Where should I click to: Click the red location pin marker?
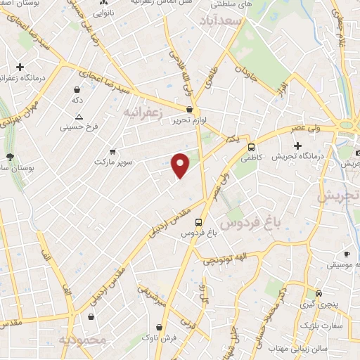(x=181, y=165)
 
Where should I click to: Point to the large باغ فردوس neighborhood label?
(x=250, y=224)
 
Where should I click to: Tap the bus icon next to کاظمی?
(x=252, y=146)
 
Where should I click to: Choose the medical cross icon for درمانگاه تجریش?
(x=297, y=145)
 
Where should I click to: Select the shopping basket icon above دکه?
(x=77, y=90)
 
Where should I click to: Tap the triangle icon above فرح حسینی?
(x=79, y=117)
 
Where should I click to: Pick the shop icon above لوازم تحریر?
(x=190, y=109)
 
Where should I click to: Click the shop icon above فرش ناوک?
(x=161, y=327)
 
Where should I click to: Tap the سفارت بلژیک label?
(x=320, y=326)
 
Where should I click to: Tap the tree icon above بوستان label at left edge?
(x=9, y=157)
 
